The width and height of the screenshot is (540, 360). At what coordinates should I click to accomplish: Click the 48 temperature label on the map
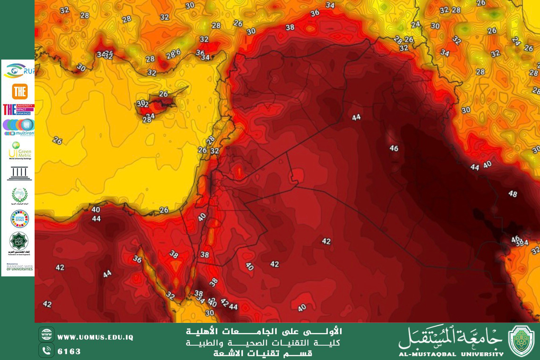[513, 194]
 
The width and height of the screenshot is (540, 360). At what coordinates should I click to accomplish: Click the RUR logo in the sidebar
[18, 71]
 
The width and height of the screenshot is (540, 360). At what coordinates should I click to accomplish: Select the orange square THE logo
[20, 91]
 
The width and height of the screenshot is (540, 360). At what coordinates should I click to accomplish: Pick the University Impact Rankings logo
[18, 109]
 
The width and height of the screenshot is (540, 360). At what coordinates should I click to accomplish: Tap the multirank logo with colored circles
[18, 127]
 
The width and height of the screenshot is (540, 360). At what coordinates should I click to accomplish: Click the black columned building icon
[19, 173]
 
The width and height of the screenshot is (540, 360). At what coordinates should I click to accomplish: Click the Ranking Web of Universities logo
[19, 267]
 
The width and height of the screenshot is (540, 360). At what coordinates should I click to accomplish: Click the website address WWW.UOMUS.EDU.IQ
[95, 337]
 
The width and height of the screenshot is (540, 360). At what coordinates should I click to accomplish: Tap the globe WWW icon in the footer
[46, 335]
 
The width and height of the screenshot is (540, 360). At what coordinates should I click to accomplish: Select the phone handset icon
[46, 350]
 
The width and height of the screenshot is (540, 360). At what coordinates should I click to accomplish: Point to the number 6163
[69, 351]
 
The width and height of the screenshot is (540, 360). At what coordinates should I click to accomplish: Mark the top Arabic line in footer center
[264, 331]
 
